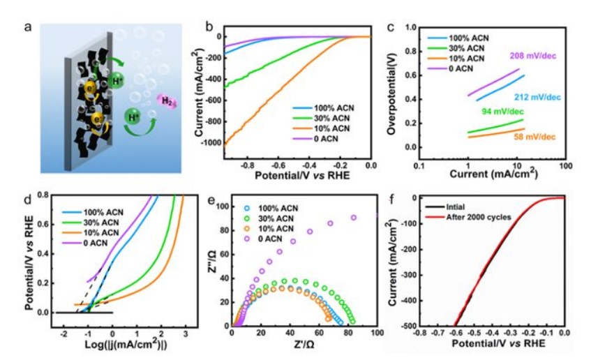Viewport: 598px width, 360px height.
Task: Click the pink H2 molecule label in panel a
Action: pos(167,102)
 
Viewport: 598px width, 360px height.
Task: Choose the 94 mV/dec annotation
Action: pos(499,111)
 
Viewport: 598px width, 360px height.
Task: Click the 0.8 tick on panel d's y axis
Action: pos(41,195)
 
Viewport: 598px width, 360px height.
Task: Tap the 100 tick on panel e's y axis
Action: pos(222,207)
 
